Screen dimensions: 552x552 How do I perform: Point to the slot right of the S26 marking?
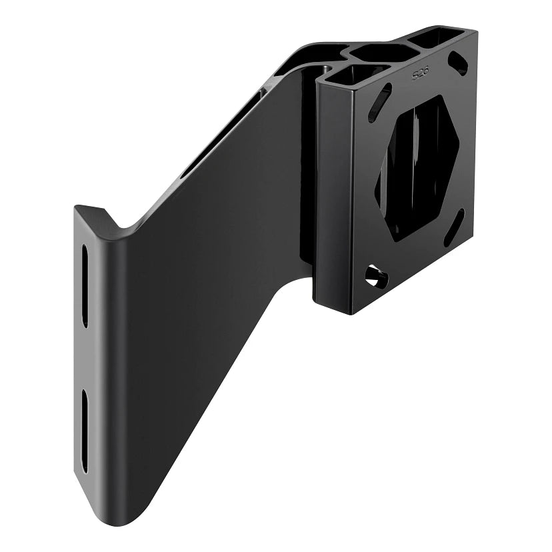pyautogui.click(x=458, y=63)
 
